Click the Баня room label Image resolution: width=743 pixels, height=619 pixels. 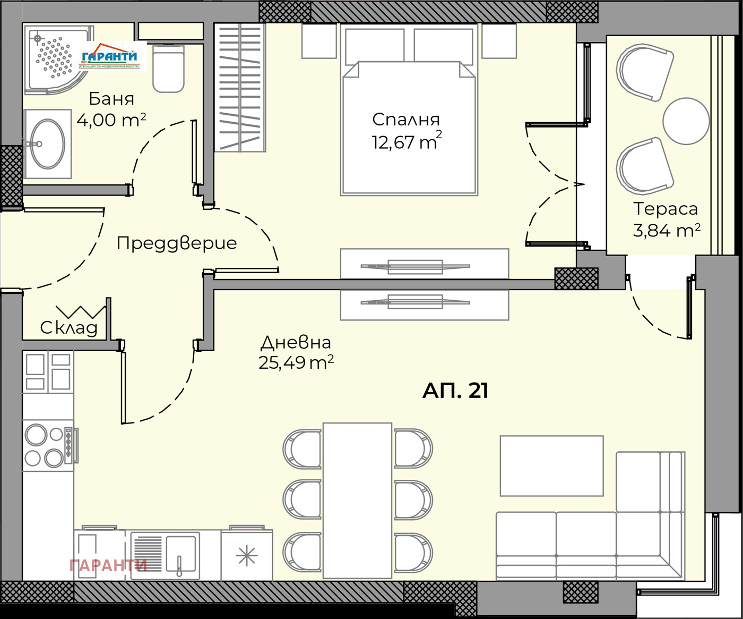tap(111, 99)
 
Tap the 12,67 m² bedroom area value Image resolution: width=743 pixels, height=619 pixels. tap(407, 142)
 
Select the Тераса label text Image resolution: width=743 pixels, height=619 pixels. tap(666, 209)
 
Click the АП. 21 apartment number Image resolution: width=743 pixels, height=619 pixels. tap(455, 391)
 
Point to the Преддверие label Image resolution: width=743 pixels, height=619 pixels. tap(176, 243)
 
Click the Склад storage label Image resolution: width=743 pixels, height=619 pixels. tap(69, 328)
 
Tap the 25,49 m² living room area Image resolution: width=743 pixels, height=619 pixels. tap(296, 362)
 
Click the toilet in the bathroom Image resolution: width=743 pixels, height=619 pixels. tap(168, 69)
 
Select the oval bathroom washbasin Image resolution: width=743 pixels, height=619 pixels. tap(47, 144)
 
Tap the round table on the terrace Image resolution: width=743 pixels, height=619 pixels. tap(686, 121)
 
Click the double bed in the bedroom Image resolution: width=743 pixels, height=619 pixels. tap(409, 128)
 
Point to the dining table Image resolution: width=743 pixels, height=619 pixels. tap(357, 500)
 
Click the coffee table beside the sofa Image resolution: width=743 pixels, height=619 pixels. tap(551, 465)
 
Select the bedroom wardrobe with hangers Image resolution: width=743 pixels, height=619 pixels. tap(239, 88)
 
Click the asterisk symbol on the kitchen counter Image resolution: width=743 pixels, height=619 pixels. tap(247, 556)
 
